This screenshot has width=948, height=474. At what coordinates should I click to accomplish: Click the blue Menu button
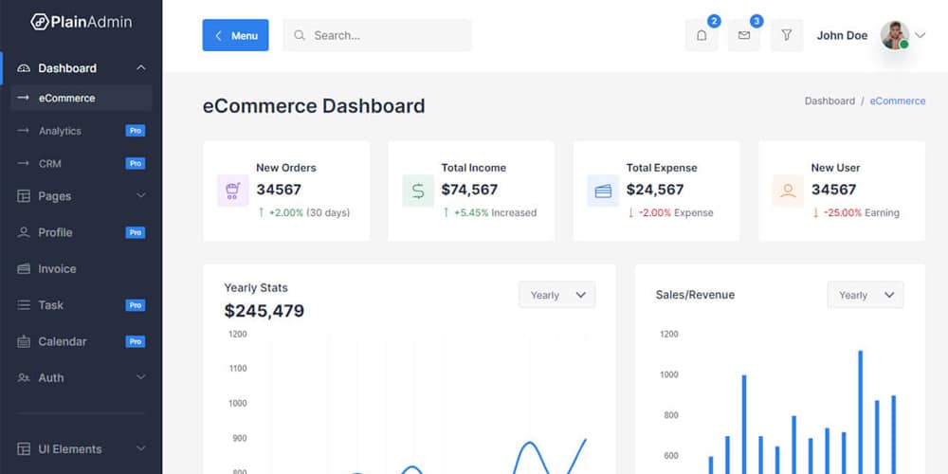click(235, 36)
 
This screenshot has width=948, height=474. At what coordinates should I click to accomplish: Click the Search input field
click(377, 36)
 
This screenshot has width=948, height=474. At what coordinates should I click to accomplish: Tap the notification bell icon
click(702, 36)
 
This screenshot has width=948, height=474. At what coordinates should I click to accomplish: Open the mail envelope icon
click(744, 36)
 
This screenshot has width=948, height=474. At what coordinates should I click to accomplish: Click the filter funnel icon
click(787, 36)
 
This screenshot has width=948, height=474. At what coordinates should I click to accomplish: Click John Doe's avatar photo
click(894, 36)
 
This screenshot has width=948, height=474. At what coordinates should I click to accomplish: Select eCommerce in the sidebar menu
click(66, 98)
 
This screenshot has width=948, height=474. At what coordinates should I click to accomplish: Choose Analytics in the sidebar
click(60, 131)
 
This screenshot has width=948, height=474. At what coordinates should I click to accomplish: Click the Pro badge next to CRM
click(136, 163)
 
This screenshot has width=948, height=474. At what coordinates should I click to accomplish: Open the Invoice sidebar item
click(57, 269)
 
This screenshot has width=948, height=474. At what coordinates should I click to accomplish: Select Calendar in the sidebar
click(62, 341)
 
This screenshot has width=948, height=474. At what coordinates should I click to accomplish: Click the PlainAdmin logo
click(82, 22)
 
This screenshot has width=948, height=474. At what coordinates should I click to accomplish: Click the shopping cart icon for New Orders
click(232, 191)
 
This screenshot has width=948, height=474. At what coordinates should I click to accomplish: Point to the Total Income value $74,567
click(469, 190)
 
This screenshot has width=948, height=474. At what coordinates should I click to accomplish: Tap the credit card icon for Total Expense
click(603, 191)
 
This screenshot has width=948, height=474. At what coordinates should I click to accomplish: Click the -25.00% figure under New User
click(841, 213)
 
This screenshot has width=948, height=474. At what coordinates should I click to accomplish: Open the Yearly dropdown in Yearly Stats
click(556, 295)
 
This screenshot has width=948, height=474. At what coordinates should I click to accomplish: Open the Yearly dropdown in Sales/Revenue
click(865, 295)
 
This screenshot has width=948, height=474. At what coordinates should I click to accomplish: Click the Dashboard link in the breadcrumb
click(829, 100)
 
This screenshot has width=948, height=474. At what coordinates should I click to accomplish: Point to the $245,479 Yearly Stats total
click(264, 311)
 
